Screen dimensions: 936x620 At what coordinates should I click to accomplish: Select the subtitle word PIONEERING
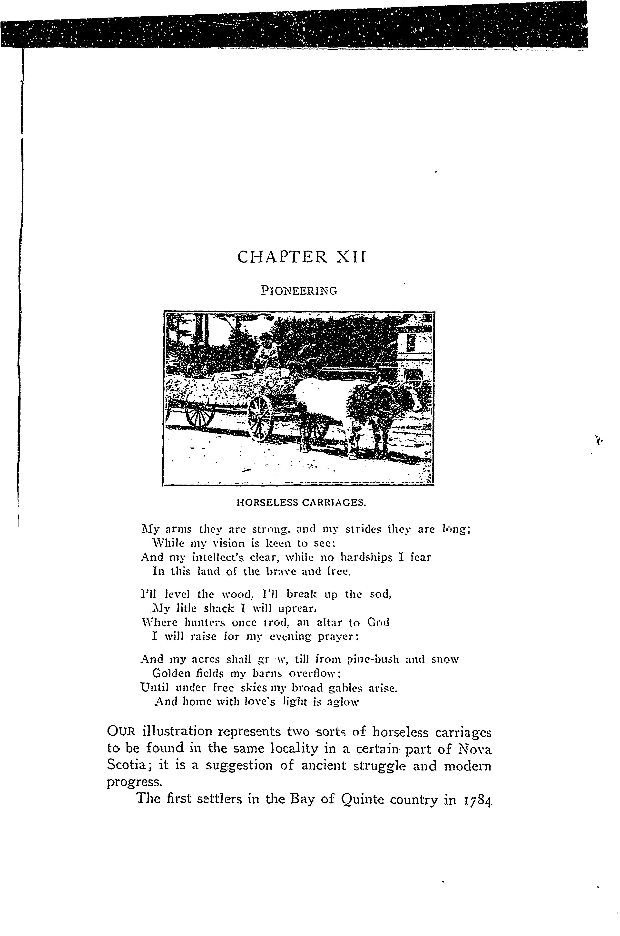(x=299, y=291)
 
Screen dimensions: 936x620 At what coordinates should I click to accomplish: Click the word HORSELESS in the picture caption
(x=267, y=503)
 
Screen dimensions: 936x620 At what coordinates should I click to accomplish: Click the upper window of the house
(x=411, y=342)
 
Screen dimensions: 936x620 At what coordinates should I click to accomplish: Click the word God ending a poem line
(x=378, y=623)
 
